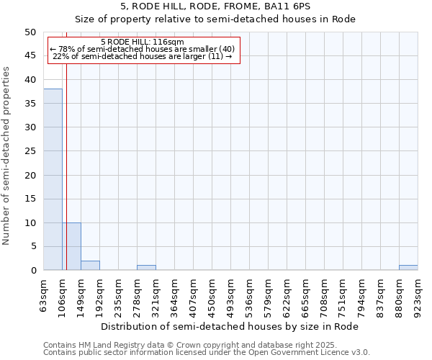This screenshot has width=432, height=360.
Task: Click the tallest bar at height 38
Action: click(53, 179)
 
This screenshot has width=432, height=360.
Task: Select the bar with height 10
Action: click(71, 246)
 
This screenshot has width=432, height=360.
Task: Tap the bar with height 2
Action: click(90, 266)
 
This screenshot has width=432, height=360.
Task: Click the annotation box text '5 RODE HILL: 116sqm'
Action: click(143, 42)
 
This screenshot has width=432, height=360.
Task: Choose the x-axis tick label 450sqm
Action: click(212, 295)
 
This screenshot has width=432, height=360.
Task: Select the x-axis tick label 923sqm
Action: click(418, 295)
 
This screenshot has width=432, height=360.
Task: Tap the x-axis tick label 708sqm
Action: click(325, 295)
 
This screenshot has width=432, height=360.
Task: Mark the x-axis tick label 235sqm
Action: click(119, 295)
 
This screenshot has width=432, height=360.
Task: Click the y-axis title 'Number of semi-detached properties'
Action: click(7, 156)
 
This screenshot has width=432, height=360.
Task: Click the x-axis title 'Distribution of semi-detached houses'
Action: click(230, 326)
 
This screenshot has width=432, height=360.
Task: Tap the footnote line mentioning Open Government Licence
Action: click(207, 353)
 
